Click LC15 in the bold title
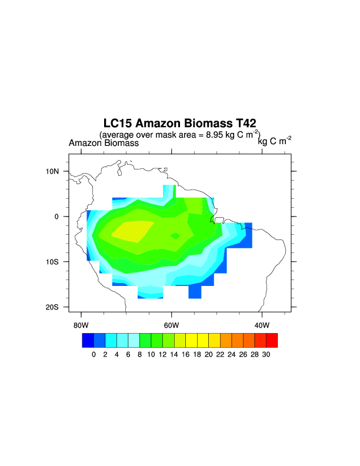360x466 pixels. click(117, 124)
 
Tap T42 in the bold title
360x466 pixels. click(243, 124)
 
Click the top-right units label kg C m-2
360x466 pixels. click(275, 141)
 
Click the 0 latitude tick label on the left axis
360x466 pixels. click(57, 217)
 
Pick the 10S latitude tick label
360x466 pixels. click(54, 262)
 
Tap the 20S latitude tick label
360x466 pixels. click(54, 307)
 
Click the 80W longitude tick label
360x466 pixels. click(81, 325)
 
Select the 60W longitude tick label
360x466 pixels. click(171, 325)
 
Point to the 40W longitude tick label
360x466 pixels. click(262, 325)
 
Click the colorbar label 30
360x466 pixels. click(266, 354)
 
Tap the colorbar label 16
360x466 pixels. click(185, 354)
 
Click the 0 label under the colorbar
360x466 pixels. click(94, 354)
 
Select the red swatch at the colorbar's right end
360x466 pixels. click(272, 340)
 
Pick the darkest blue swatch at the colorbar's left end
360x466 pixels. click(88, 340)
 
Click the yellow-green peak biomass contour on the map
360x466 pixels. click(132, 231)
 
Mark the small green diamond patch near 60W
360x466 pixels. click(175, 235)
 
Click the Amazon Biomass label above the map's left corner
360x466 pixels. click(104, 143)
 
